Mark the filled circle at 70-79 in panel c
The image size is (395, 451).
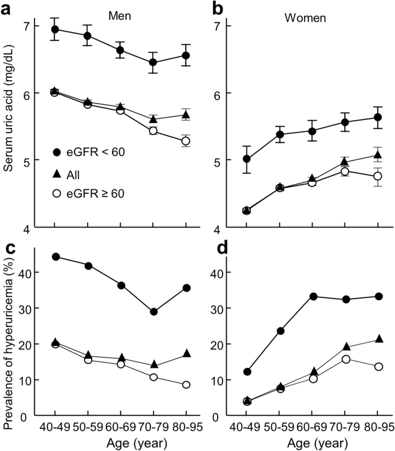[x=153, y=312]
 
